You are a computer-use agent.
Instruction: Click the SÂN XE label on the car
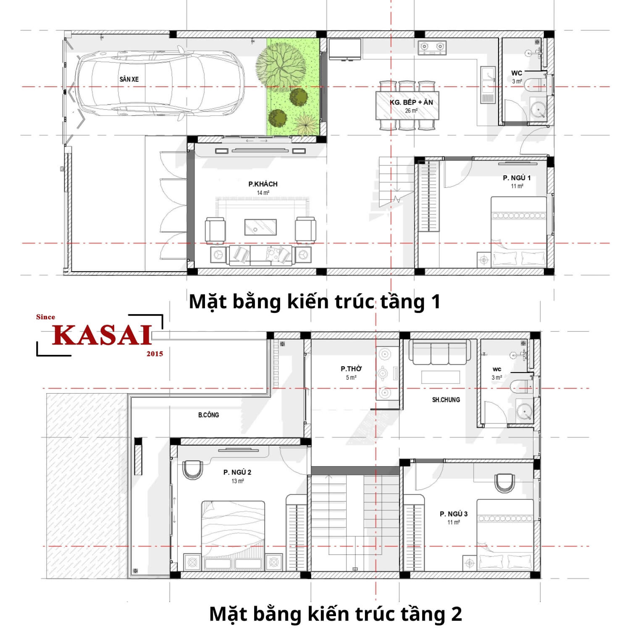129,79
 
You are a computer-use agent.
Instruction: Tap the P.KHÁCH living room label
262,184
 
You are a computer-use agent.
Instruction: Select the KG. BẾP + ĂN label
411,102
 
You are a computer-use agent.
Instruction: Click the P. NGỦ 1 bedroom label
517,178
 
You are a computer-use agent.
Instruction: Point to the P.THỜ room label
351,369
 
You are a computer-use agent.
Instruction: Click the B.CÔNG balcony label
208,415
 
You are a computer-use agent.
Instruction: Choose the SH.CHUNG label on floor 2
446,400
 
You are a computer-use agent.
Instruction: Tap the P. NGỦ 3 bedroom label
454,514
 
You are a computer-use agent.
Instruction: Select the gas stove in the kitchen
432,47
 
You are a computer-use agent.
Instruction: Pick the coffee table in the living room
260,227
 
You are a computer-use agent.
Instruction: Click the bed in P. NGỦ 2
233,533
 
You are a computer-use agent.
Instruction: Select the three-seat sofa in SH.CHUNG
440,353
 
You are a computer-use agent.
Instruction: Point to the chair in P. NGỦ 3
504,483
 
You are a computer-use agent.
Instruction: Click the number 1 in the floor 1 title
436,302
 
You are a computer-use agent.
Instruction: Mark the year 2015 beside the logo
155,354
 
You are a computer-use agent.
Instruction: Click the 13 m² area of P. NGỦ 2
237,481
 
